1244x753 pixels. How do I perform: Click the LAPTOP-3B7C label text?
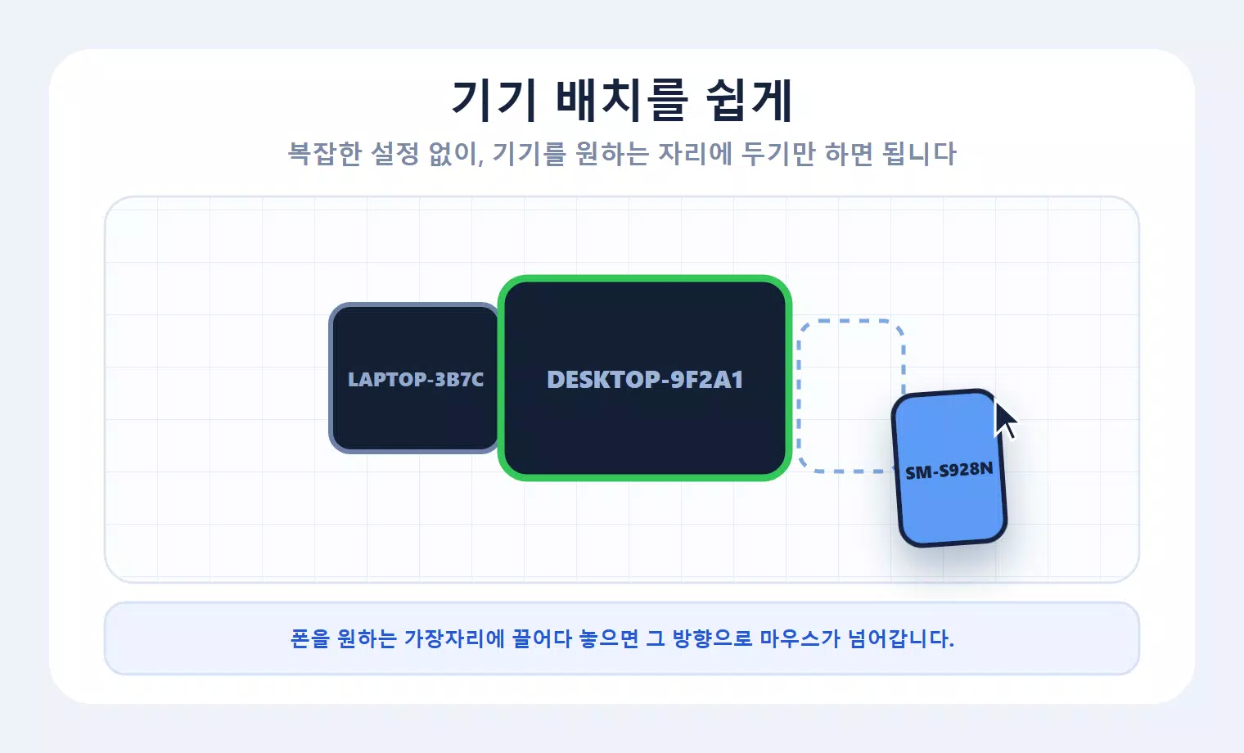click(416, 379)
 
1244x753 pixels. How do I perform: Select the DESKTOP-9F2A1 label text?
click(645, 380)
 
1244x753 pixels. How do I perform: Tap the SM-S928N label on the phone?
click(949, 471)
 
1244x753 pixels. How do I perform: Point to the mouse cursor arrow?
click(1005, 421)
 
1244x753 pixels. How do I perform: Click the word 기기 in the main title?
click(494, 101)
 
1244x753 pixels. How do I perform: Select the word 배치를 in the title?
click(622, 101)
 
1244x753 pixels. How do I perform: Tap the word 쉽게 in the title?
click(749, 101)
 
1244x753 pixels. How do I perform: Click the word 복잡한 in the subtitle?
click(325, 154)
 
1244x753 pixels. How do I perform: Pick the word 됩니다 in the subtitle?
click(919, 154)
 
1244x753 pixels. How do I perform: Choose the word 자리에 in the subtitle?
click(695, 154)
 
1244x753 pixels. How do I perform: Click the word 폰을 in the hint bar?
click(310, 638)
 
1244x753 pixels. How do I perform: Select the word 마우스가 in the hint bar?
click(800, 638)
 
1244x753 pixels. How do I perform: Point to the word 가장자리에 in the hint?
click(453, 638)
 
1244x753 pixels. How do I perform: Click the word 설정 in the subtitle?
click(394, 154)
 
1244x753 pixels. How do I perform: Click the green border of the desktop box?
click(645, 279)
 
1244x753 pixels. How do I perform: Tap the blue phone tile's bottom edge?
click(954, 543)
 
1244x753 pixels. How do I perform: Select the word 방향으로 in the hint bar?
click(712, 638)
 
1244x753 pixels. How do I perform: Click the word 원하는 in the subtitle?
click(611, 154)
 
